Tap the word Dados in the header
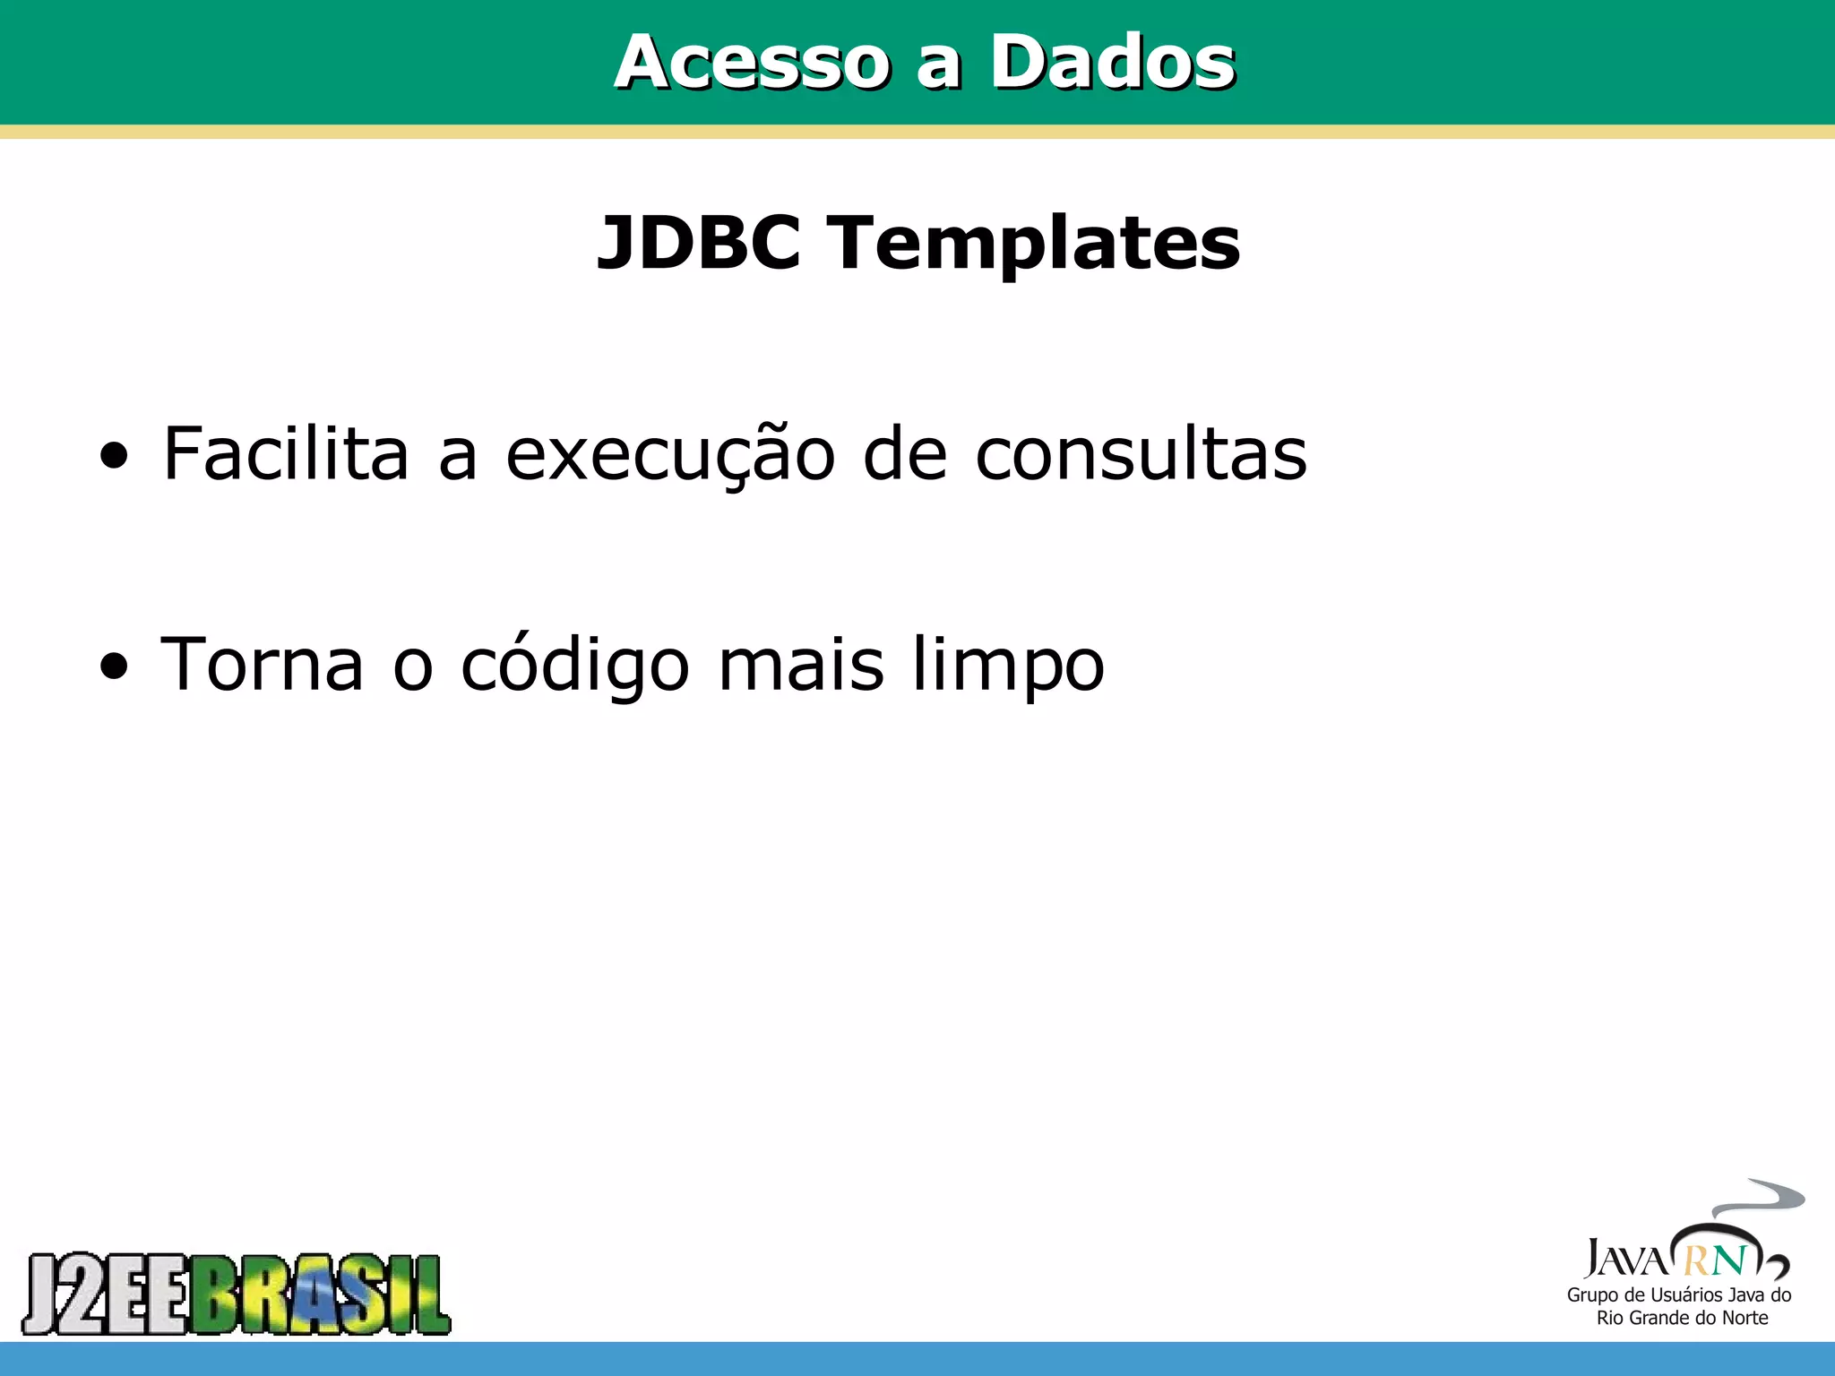click(1112, 62)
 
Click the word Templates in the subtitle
click(1036, 244)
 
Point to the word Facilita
click(286, 453)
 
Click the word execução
click(670, 455)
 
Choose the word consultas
click(1141, 453)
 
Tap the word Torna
click(262, 664)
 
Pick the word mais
click(801, 664)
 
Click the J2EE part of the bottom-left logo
click(106, 1294)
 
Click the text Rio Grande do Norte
click(1682, 1318)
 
